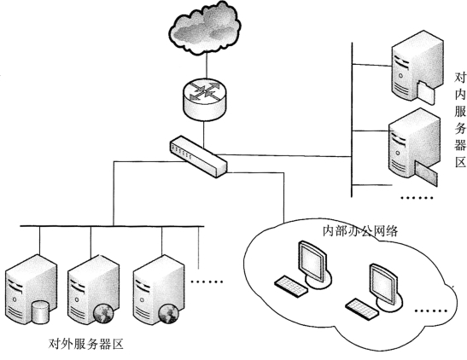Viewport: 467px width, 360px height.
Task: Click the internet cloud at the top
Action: (x=205, y=28)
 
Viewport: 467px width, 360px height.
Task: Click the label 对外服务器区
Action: (x=85, y=344)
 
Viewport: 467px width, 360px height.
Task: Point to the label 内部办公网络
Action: (x=360, y=230)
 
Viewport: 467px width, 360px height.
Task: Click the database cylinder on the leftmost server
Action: (x=40, y=312)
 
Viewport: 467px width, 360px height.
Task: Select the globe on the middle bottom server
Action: (x=103, y=314)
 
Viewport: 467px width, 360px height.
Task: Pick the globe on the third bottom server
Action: (x=168, y=314)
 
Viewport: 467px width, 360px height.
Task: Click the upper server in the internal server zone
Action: (x=417, y=66)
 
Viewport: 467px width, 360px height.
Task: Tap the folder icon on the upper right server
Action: (x=426, y=92)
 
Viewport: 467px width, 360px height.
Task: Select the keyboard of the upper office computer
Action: (x=291, y=286)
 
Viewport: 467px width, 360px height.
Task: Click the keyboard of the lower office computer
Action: (x=363, y=309)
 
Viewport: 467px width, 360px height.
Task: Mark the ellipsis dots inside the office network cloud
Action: (x=431, y=311)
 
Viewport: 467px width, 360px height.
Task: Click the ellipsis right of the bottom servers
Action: (x=207, y=282)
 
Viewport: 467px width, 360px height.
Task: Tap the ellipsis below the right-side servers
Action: (x=417, y=197)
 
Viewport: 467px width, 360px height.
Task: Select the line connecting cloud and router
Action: (x=206, y=66)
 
